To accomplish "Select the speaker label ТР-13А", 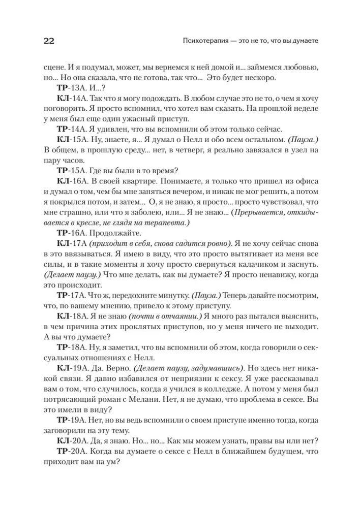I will pyautogui.click(x=71, y=88).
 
